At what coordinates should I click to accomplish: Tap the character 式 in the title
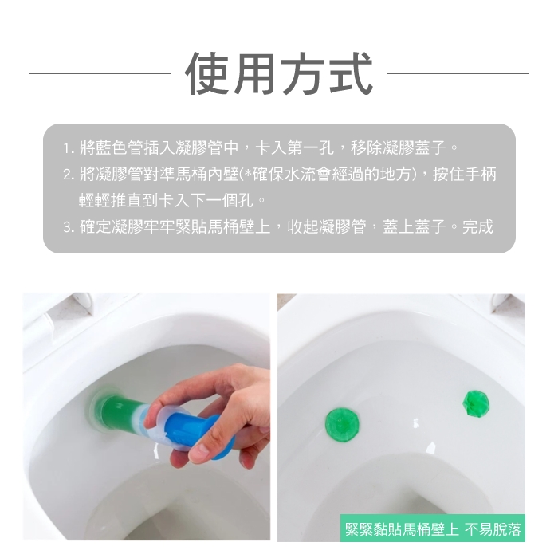pyautogui.click(x=350, y=73)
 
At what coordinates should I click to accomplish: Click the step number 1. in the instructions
pyautogui.click(x=69, y=148)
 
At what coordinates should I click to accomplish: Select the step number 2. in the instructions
pyautogui.click(x=69, y=175)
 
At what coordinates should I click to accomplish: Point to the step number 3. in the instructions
pyautogui.click(x=69, y=227)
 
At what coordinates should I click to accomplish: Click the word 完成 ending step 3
pyautogui.click(x=477, y=226)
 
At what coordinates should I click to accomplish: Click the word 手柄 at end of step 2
pyautogui.click(x=481, y=175)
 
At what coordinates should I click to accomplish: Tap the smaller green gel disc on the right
pyautogui.click(x=476, y=403)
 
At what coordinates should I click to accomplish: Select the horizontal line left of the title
pyautogui.click(x=100, y=73)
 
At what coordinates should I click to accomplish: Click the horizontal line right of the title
pyautogui.click(x=458, y=73)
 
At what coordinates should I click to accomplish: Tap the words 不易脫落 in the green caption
pyautogui.click(x=493, y=529)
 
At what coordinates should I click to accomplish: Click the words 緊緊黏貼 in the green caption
pyautogui.click(x=373, y=529)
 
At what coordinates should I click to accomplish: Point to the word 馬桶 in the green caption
pyautogui.click(x=416, y=529)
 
